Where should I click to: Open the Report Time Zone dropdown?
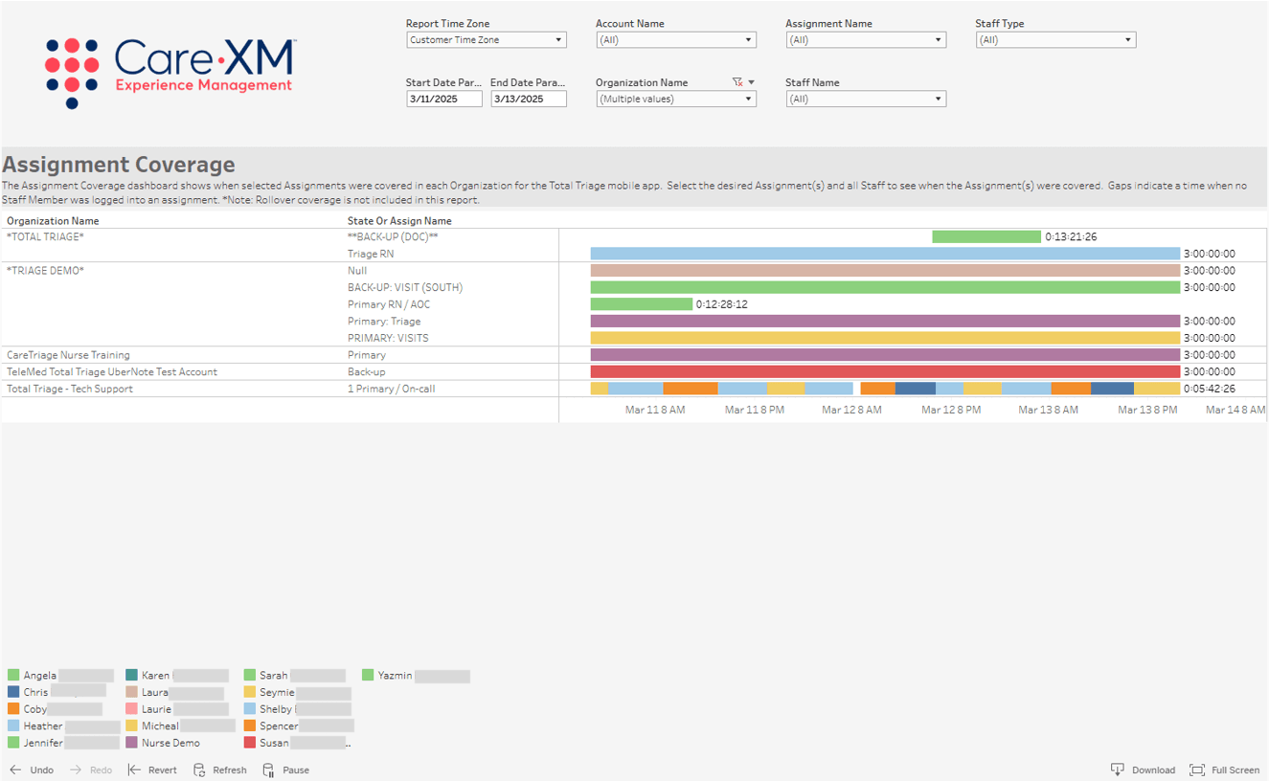[486, 40]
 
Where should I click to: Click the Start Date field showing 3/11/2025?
[443, 99]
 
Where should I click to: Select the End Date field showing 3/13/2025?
[528, 99]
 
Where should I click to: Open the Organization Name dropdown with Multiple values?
[675, 99]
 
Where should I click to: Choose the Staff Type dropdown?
[1055, 40]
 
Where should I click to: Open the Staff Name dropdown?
[866, 99]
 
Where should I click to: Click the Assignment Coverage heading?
[119, 164]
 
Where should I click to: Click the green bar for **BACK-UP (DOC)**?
[986, 236]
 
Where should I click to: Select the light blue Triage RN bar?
[885, 254]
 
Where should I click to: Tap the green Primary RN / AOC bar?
[641, 304]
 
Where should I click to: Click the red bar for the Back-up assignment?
[885, 371]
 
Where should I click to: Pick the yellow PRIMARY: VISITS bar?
[885, 338]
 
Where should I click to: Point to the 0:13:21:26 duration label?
[1071, 236]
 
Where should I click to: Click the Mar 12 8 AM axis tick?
[851, 410]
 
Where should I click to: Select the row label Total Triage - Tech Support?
[70, 389]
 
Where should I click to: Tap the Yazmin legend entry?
[395, 676]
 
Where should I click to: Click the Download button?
[1144, 770]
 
